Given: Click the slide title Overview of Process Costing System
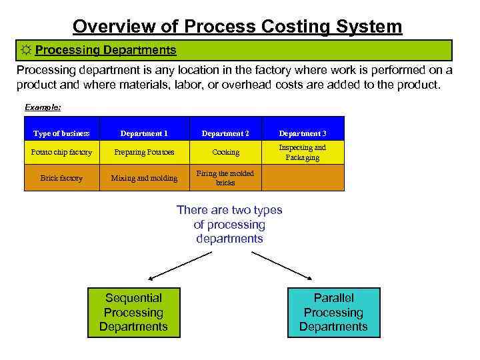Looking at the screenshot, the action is pos(237,26).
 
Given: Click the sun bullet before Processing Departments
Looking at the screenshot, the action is pos(25,51).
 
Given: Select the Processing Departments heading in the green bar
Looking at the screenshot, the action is pos(105,51).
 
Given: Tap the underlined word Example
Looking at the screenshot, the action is pos(43,107).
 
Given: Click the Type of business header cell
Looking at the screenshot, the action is pos(61,133).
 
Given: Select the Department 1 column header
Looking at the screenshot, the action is pos(144,133).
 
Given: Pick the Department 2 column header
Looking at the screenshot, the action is pos(225,133).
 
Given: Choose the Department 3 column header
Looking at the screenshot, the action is pos(303,133).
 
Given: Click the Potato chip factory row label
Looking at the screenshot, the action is pos(61,153).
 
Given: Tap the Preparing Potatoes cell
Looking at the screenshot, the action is pos(144,153).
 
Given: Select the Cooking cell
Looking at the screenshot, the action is pos(225,153).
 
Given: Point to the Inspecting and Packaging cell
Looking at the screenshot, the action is pos(303,153).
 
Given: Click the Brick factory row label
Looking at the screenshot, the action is pos(61,178).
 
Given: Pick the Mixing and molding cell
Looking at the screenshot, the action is pos(144,178).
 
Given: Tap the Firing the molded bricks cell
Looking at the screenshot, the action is pos(225,178).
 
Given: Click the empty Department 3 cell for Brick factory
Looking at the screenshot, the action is pos(303,178).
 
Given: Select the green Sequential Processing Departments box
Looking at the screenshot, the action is pos(133,312).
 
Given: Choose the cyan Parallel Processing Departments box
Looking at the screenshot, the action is pos(333,312).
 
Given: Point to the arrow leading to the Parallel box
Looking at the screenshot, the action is pos(283,264).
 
